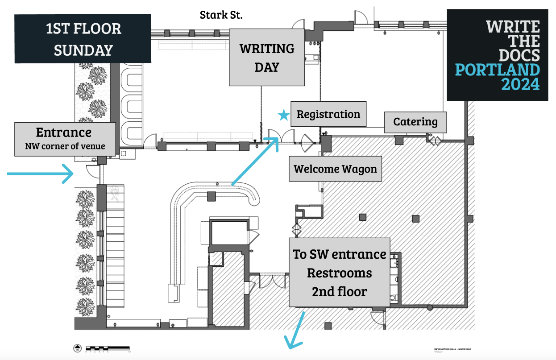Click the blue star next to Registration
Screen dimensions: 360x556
tap(283, 115)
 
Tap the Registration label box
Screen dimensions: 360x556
tap(328, 114)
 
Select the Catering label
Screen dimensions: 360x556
tap(415, 122)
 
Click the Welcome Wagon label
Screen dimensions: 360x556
tap(335, 169)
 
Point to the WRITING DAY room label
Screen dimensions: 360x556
tap(267, 58)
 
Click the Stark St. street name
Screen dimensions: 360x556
tap(221, 15)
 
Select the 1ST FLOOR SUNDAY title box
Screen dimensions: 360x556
tap(83, 39)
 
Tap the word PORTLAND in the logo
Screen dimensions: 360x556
tap(497, 70)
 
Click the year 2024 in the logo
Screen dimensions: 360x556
tap(520, 84)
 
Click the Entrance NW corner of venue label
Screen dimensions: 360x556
tap(65, 139)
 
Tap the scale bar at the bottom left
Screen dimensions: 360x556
tap(108, 348)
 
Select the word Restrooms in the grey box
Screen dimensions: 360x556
tap(339, 273)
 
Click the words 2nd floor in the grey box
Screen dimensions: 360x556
tap(339, 292)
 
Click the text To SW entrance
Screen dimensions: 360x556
tap(339, 254)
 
